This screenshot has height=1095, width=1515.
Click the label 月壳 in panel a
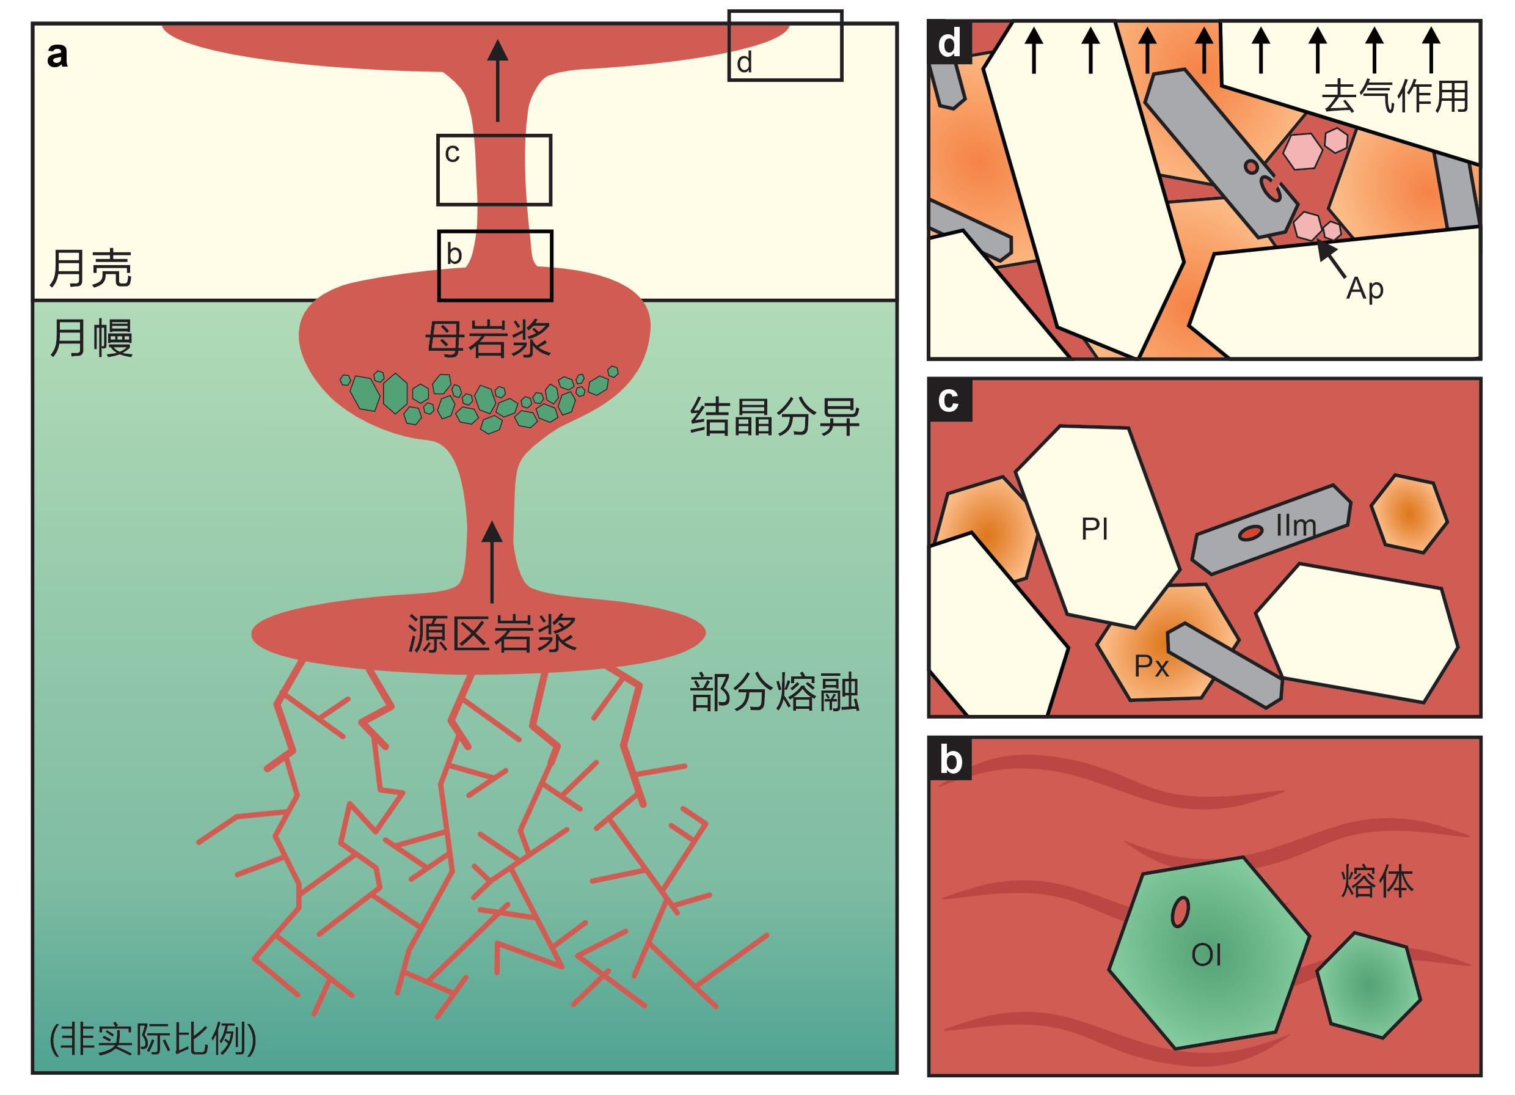91,269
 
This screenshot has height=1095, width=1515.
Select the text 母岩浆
487,339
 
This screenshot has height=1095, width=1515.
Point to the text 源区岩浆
491,633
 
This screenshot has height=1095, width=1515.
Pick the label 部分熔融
774,692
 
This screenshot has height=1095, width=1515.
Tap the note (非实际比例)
153,1039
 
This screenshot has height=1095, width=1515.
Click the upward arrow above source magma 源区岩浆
492,561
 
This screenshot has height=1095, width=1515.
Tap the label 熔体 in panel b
1378,882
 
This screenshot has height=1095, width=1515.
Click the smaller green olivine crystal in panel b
1367,984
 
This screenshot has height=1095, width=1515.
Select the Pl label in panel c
1094,529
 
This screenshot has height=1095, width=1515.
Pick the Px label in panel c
1152,666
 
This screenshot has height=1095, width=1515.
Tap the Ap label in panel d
1365,288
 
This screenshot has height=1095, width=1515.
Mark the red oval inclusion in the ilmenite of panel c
1250,532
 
